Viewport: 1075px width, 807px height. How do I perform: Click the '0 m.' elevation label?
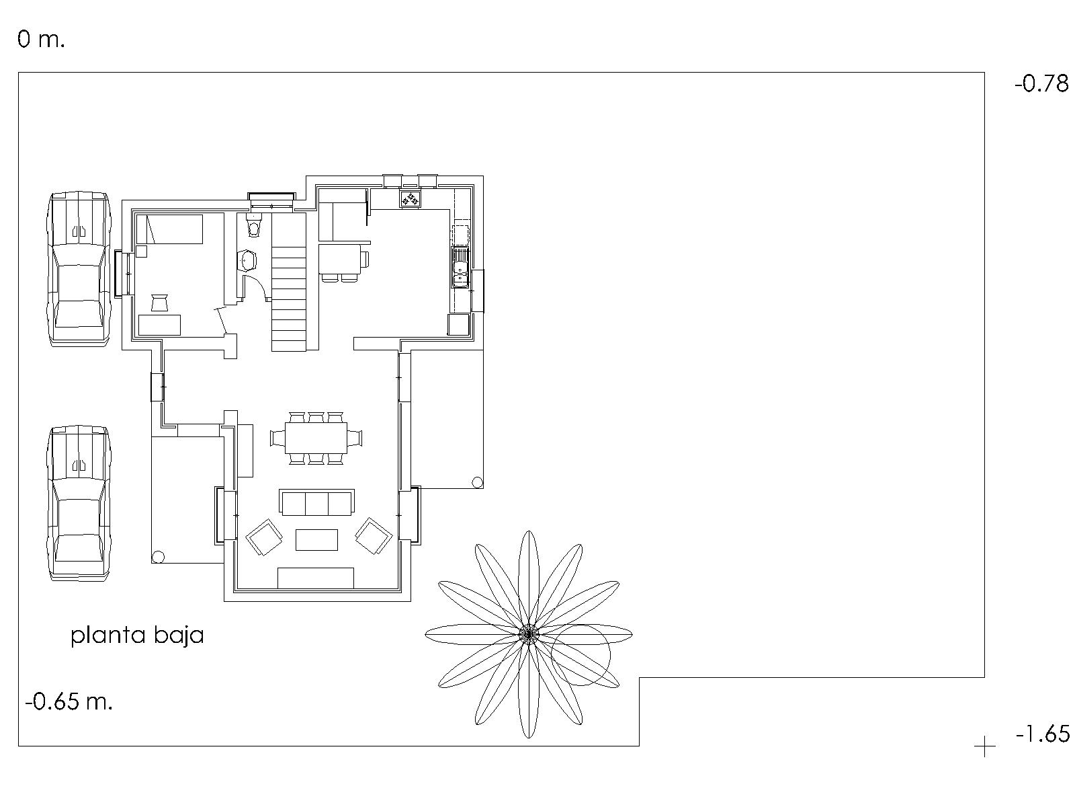tap(41, 39)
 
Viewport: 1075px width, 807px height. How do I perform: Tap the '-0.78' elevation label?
tap(1041, 84)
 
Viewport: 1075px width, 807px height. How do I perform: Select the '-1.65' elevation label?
tap(1042, 734)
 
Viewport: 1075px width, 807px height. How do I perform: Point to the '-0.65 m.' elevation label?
tap(69, 701)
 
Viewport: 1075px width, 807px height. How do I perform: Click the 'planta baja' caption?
tap(137, 636)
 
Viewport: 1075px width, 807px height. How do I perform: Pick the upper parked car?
tap(79, 270)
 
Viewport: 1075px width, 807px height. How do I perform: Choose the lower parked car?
tap(79, 503)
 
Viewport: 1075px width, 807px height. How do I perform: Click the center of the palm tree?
tap(529, 634)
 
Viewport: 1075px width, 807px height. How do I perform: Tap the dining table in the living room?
tap(316, 438)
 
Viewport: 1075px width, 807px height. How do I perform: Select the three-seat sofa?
tap(316, 502)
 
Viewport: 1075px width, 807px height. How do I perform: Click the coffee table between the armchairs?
tap(316, 539)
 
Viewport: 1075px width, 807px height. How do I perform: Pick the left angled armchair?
tap(264, 537)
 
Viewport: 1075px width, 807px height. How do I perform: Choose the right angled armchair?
tap(374, 536)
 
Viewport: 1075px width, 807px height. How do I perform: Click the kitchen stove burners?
tap(411, 199)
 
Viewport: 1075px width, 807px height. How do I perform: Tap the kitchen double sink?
tap(460, 267)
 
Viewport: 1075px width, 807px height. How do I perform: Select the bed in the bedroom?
tap(169, 229)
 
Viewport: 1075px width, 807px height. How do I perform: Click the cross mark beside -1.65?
tap(984, 747)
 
